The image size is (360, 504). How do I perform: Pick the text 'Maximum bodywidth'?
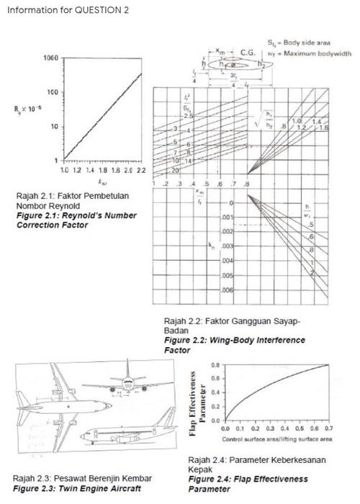tap(318, 53)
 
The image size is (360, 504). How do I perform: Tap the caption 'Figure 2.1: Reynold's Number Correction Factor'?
tap(60, 220)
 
